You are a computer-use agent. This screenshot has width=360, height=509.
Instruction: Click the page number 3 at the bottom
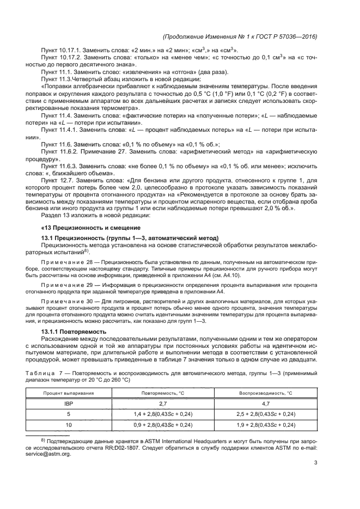[x=316, y=463]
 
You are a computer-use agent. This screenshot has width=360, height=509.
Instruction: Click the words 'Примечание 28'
[x=64, y=262]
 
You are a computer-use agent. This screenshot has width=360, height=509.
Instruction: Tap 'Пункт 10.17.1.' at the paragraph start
[x=62, y=51]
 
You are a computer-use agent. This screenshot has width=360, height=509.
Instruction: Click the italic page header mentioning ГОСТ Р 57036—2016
[x=240, y=36]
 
